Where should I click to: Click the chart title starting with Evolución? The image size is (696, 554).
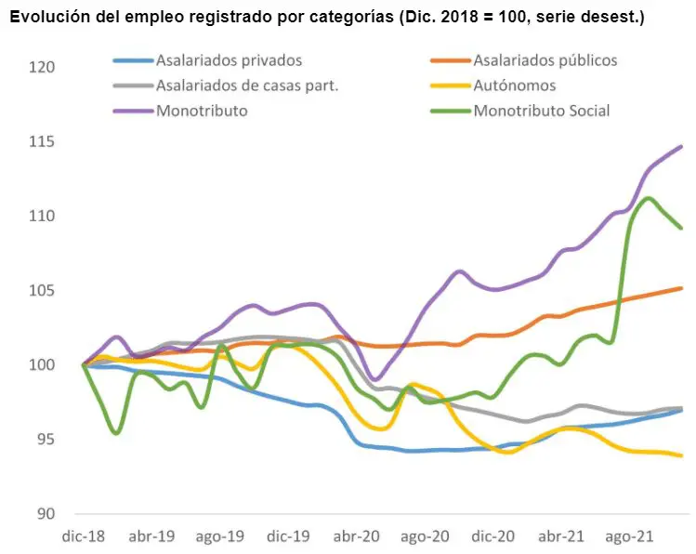(x=326, y=17)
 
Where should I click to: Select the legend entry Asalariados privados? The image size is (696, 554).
(x=229, y=60)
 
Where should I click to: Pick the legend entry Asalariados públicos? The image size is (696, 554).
(x=545, y=60)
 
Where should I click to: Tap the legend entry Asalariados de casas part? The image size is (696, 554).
(x=246, y=86)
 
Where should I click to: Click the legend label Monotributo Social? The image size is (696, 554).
(x=541, y=111)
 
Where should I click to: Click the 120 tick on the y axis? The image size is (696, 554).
(x=43, y=67)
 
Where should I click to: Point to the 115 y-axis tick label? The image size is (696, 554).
(x=43, y=141)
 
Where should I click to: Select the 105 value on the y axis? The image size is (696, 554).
(x=43, y=290)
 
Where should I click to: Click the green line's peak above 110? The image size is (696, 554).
(x=648, y=198)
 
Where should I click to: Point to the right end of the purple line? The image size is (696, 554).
(x=681, y=146)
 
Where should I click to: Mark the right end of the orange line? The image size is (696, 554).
(x=681, y=288)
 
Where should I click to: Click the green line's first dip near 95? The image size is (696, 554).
(x=115, y=432)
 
